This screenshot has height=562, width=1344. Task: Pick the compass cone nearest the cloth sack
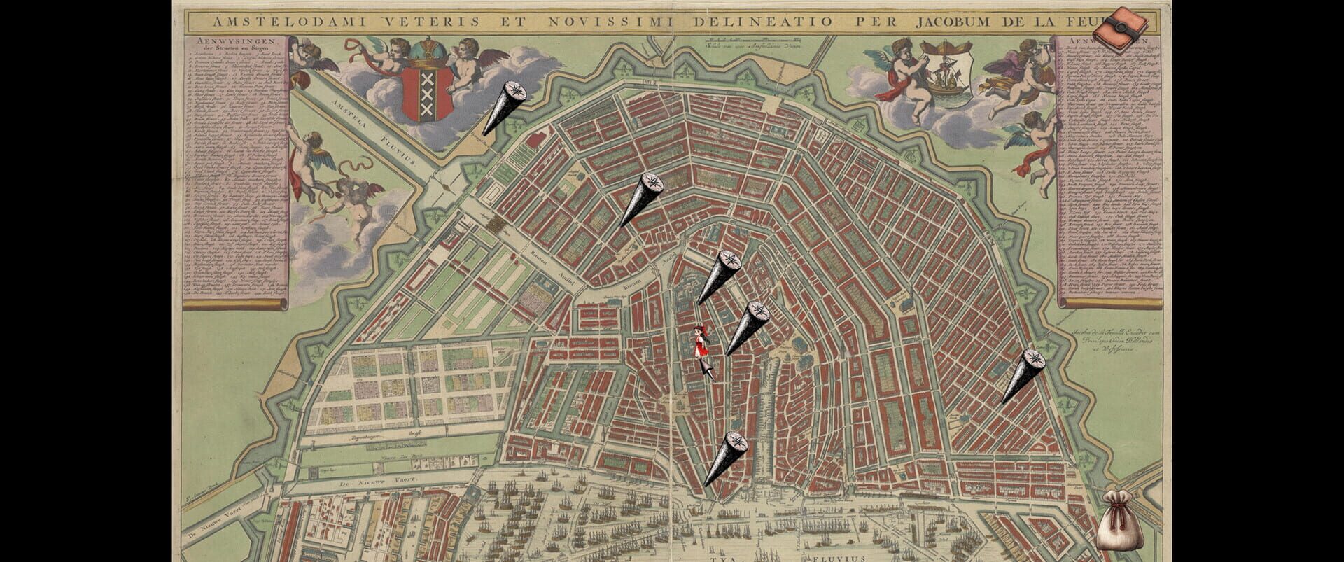1022,375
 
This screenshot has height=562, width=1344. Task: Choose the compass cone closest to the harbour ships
725,458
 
